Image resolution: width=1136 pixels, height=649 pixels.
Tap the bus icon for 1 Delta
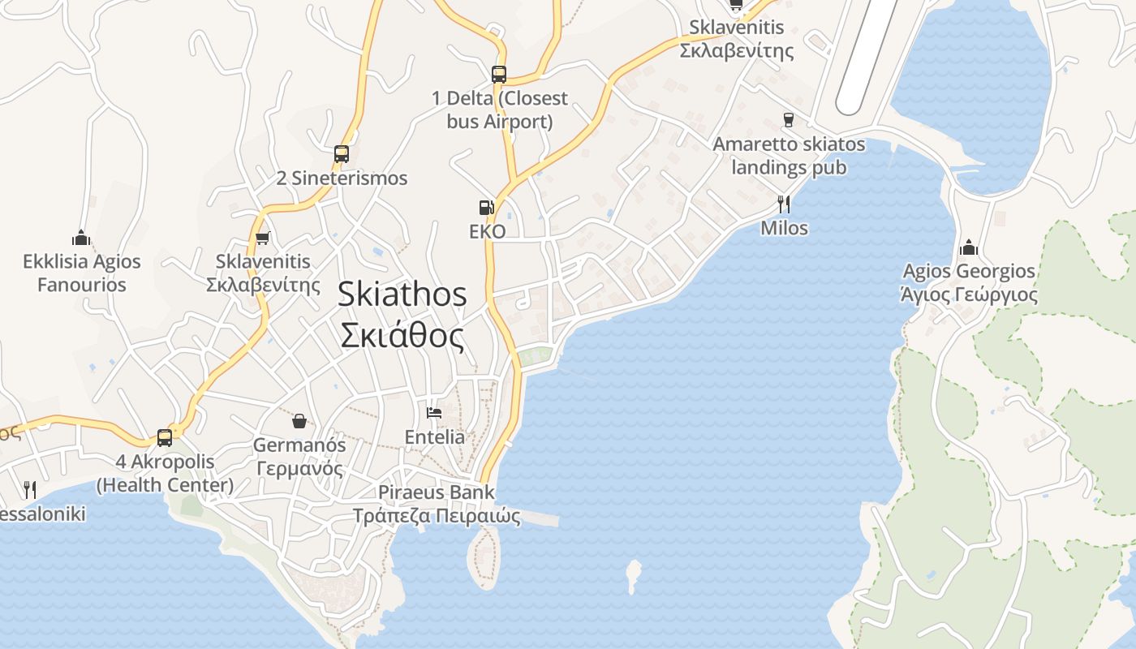coord(499,75)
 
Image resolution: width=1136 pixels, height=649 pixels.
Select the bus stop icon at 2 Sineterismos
coord(342,154)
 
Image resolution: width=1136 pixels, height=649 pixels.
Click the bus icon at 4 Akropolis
coord(165,438)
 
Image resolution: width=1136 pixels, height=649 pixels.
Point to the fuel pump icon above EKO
coord(487,208)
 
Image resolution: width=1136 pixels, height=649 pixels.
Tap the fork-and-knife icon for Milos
coord(784,204)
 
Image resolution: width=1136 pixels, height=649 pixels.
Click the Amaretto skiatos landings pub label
coord(789,156)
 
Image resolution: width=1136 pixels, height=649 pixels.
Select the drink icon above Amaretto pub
coord(788,120)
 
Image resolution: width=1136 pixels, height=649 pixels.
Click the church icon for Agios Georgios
coord(968,247)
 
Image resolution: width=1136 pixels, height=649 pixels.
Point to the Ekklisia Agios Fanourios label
coord(81,273)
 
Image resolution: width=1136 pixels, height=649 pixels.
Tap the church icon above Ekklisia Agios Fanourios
coord(81,238)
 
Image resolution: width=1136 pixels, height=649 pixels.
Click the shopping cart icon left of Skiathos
coord(262,238)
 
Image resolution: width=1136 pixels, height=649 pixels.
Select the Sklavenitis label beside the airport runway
coord(736,39)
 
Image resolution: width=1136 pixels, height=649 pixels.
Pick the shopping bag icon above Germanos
coord(299,421)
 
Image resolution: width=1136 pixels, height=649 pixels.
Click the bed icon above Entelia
coord(434,413)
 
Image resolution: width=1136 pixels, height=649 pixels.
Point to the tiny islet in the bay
coord(634,575)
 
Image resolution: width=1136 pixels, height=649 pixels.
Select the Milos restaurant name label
coord(784,228)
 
